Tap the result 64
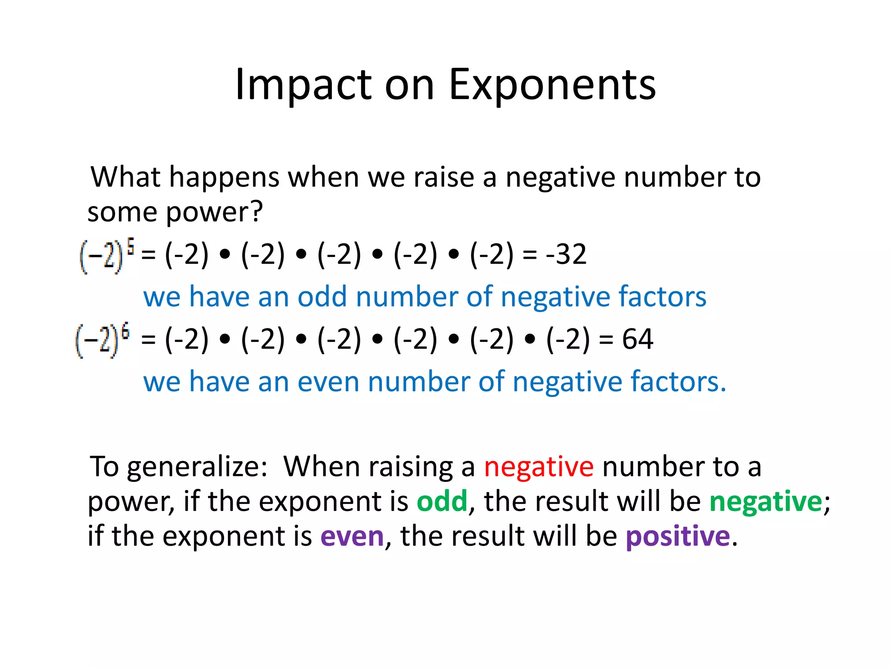click(637, 339)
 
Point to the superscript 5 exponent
click(130, 247)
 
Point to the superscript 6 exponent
click(125, 331)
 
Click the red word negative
click(539, 467)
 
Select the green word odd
click(442, 501)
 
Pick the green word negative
click(766, 501)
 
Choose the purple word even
click(352, 536)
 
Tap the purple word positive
click(678, 536)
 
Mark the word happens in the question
click(224, 178)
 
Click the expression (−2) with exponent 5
click(102, 257)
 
